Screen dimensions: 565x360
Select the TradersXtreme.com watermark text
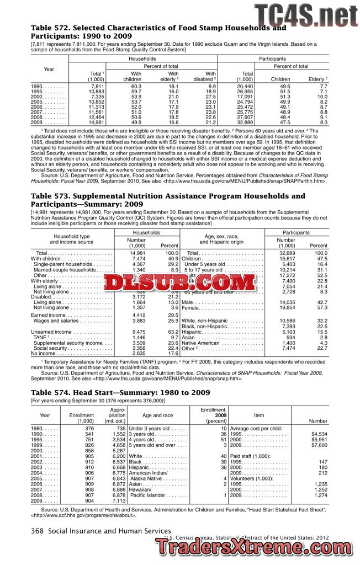click(257, 547)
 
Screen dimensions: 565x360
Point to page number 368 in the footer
click(37, 531)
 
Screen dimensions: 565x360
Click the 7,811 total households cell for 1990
click(97, 87)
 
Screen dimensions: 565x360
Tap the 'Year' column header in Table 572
click(49, 69)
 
